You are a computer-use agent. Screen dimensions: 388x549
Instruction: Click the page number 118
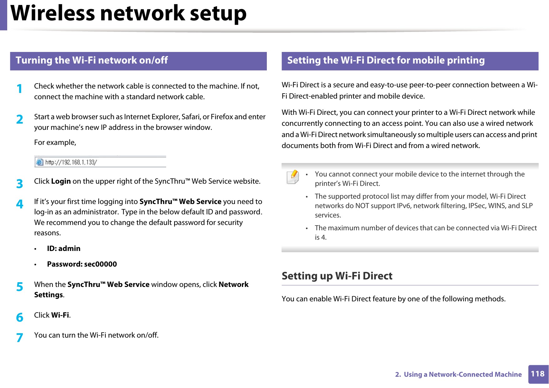click(x=537, y=374)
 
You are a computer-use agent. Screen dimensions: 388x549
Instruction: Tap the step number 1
click(x=20, y=89)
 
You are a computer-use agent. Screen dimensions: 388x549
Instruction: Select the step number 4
click(x=20, y=204)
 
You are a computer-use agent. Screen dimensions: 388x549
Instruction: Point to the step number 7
click(x=20, y=338)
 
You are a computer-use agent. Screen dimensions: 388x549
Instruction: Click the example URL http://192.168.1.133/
click(x=71, y=162)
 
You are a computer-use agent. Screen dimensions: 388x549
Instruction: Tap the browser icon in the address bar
click(x=39, y=162)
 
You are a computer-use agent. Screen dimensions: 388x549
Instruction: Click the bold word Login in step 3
click(x=61, y=181)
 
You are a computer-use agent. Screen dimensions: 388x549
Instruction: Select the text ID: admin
click(x=64, y=248)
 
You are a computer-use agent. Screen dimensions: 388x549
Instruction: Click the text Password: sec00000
click(x=82, y=264)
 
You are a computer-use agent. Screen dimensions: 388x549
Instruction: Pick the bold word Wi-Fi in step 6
click(x=60, y=315)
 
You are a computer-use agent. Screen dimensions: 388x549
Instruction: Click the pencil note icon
click(x=293, y=177)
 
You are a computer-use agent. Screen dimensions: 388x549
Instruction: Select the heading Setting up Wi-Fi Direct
click(x=337, y=276)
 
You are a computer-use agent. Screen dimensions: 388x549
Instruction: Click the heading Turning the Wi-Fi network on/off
click(x=92, y=60)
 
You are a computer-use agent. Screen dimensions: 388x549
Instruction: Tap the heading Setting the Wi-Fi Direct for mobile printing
click(x=386, y=60)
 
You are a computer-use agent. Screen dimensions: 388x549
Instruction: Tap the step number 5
click(x=20, y=287)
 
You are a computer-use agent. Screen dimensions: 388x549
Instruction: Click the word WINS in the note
click(x=497, y=206)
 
